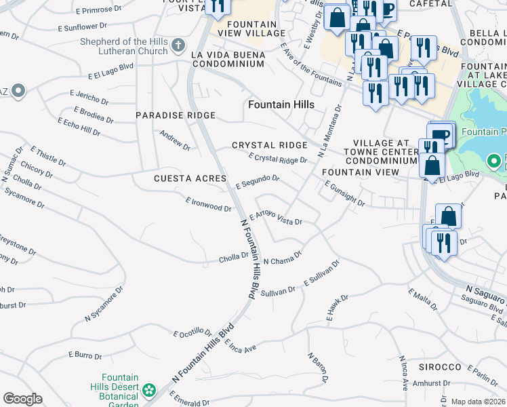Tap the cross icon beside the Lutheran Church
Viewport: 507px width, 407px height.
pos(178,46)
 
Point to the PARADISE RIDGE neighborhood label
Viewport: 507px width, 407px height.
pos(176,115)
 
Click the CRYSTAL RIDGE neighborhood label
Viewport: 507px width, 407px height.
pos(270,145)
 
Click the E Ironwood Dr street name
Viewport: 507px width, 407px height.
pos(208,204)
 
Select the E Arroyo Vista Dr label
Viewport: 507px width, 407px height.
pos(276,217)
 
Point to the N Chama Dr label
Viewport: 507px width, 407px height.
pos(281,259)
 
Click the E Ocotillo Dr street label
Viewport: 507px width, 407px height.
pos(192,332)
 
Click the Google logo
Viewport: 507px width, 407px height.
pos(22,398)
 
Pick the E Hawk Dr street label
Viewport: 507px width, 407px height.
pos(336,308)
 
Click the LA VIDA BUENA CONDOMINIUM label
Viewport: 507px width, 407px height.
pos(228,58)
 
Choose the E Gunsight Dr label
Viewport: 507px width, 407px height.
pos(344,193)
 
